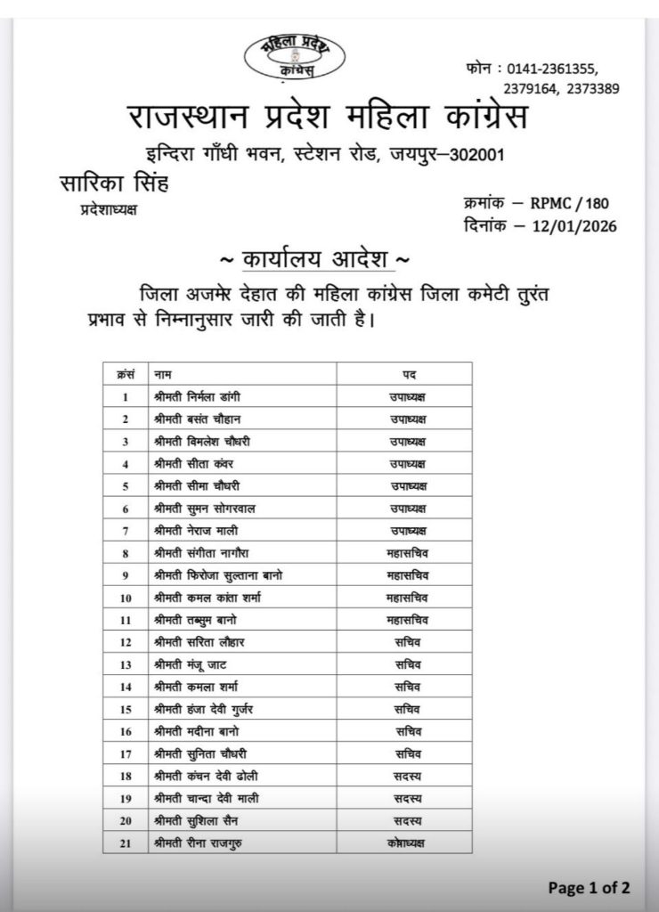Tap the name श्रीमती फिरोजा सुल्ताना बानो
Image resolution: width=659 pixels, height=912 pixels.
click(x=218, y=574)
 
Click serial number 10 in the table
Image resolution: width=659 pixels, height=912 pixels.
click(x=126, y=597)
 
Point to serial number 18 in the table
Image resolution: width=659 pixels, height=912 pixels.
click(x=126, y=776)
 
